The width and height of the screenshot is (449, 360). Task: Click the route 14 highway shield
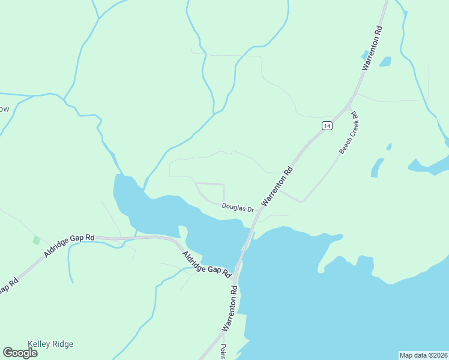tap(326, 125)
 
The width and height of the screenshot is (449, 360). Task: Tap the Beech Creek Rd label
tap(348, 133)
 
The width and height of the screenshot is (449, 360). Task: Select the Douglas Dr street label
tap(238, 207)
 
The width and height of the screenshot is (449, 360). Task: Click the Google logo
tap(20, 353)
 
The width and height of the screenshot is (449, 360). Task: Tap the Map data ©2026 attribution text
tap(423, 355)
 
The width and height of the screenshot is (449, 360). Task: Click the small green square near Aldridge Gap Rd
tap(36, 240)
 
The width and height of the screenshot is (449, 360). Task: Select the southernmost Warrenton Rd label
tap(230, 308)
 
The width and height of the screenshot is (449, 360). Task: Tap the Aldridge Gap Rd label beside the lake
tap(207, 263)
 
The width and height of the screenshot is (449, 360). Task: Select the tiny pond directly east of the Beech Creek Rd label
tap(389, 146)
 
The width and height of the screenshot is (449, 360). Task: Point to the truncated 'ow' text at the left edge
tap(4, 109)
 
